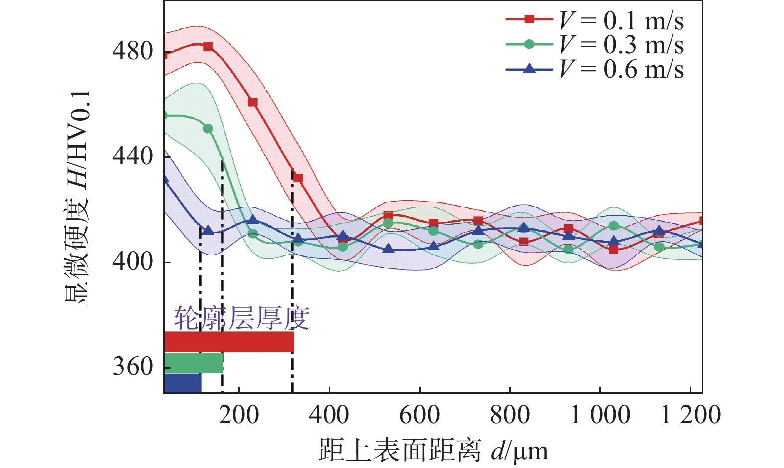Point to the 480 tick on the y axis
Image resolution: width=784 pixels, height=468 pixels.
[132, 51]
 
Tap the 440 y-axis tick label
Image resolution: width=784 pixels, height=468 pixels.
[132, 156]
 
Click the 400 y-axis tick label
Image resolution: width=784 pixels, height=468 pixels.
[132, 261]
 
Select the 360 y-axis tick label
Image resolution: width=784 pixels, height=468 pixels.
[132, 367]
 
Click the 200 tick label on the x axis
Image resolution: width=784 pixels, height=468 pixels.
[239, 415]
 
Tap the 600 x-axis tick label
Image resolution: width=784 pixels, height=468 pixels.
[420, 415]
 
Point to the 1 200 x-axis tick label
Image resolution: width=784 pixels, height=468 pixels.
[690, 415]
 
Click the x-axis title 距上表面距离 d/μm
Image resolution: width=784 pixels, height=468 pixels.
[433, 450]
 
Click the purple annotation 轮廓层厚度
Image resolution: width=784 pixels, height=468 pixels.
[242, 318]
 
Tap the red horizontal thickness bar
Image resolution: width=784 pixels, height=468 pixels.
[228, 342]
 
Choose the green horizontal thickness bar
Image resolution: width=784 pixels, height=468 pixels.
[193, 363]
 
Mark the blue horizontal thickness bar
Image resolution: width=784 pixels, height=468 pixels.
[183, 383]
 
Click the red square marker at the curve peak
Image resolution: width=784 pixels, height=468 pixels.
[208, 47]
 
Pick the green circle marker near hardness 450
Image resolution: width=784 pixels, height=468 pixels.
[208, 129]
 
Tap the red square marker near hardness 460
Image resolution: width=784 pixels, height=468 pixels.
[253, 103]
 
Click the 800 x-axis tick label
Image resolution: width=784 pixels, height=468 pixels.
[510, 415]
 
